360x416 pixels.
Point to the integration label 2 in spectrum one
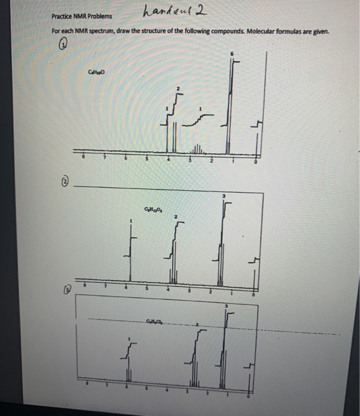click(176, 87)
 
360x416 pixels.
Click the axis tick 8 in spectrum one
click(83, 158)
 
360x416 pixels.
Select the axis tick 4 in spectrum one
click(169, 159)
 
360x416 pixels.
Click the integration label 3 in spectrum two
click(224, 195)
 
